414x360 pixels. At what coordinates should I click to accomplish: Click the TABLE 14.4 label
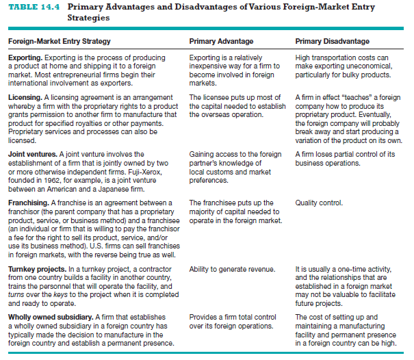31,8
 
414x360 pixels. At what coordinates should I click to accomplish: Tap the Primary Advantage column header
221,42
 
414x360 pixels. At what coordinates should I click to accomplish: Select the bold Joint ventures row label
31,154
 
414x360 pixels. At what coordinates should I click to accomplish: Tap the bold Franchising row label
29,203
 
